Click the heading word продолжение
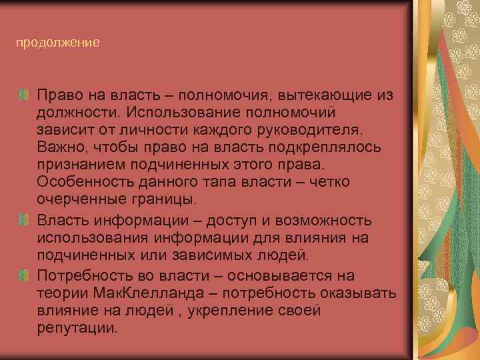point(58,43)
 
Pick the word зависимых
point(205,257)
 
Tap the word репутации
point(77,329)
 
